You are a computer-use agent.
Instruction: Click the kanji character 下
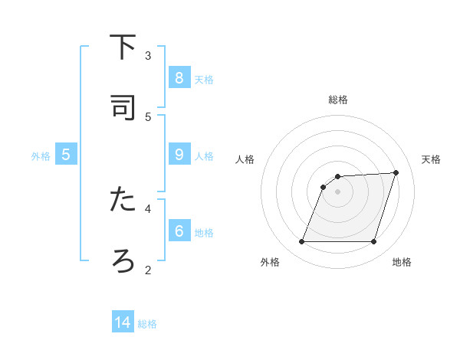pos(123,47)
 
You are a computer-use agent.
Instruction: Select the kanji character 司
pos(123,108)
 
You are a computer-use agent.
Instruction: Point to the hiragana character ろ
pos(123,260)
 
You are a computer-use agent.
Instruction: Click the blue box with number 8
pos(179,77)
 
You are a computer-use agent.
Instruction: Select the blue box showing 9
pos(179,154)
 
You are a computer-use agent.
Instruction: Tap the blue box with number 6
pos(179,231)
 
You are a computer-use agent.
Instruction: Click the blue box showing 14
pos(123,322)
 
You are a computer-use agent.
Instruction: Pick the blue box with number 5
pos(66,154)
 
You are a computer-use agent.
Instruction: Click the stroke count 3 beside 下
pos(148,55)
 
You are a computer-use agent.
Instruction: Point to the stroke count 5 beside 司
pos(148,116)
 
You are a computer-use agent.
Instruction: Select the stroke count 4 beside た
pos(148,208)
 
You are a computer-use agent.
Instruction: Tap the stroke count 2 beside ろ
pos(148,269)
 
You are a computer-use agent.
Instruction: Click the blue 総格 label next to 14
pos(147,324)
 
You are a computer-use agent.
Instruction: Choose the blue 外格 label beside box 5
pos(41,155)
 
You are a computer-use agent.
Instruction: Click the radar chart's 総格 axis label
pos(338,100)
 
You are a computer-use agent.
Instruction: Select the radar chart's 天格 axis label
pos(431,159)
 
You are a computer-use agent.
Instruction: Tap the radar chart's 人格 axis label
pos(245,159)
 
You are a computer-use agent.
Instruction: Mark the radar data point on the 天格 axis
pos(396,172)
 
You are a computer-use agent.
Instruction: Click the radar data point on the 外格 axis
pos(301,242)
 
